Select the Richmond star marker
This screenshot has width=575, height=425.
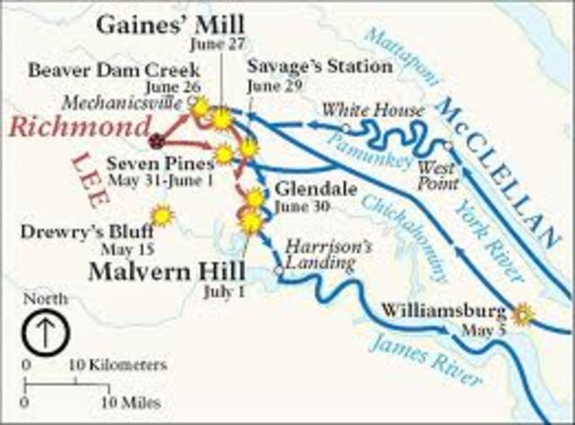pyautogui.click(x=158, y=140)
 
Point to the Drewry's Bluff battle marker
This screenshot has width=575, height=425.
pyautogui.click(x=162, y=216)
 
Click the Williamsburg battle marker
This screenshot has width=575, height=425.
pyautogui.click(x=521, y=314)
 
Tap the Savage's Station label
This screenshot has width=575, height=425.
pyautogui.click(x=321, y=66)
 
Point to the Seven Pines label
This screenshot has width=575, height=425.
pyautogui.click(x=160, y=164)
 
